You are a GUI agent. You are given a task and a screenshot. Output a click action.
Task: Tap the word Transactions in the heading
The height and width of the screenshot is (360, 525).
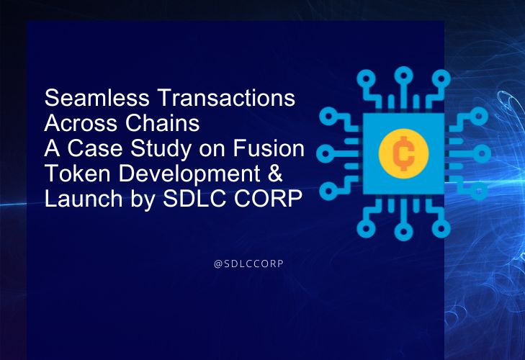coord(226,98)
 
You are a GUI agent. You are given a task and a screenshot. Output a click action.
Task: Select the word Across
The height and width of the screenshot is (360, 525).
coord(81,123)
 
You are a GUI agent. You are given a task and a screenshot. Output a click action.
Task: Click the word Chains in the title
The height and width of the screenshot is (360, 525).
coord(162,123)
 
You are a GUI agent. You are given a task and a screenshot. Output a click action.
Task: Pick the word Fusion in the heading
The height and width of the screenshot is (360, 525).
coord(269,148)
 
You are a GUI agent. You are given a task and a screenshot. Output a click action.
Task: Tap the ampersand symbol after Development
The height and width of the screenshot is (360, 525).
coord(275,173)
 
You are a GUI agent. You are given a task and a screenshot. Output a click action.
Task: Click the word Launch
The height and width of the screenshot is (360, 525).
coord(84,198)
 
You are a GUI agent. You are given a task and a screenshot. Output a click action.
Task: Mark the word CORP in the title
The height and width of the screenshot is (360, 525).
coord(268,198)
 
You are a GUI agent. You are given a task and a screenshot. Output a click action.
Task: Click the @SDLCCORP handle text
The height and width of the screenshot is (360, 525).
coord(248,264)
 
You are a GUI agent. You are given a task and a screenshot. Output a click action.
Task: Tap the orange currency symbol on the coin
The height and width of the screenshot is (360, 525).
coord(403,153)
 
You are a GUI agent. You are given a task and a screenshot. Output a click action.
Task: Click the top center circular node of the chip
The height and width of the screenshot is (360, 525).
coord(404,75)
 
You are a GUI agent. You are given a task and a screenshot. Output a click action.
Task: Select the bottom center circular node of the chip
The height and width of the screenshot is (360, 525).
coord(403,232)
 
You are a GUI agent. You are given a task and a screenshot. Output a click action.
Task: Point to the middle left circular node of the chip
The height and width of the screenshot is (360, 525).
coord(325,153)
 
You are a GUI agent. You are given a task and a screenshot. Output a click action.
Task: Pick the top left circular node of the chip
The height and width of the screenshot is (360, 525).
coord(367,79)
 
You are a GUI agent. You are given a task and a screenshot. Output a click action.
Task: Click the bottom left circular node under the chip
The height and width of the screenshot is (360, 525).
coord(366,228)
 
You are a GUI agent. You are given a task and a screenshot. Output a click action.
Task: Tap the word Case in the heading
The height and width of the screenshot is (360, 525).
coord(95,148)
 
